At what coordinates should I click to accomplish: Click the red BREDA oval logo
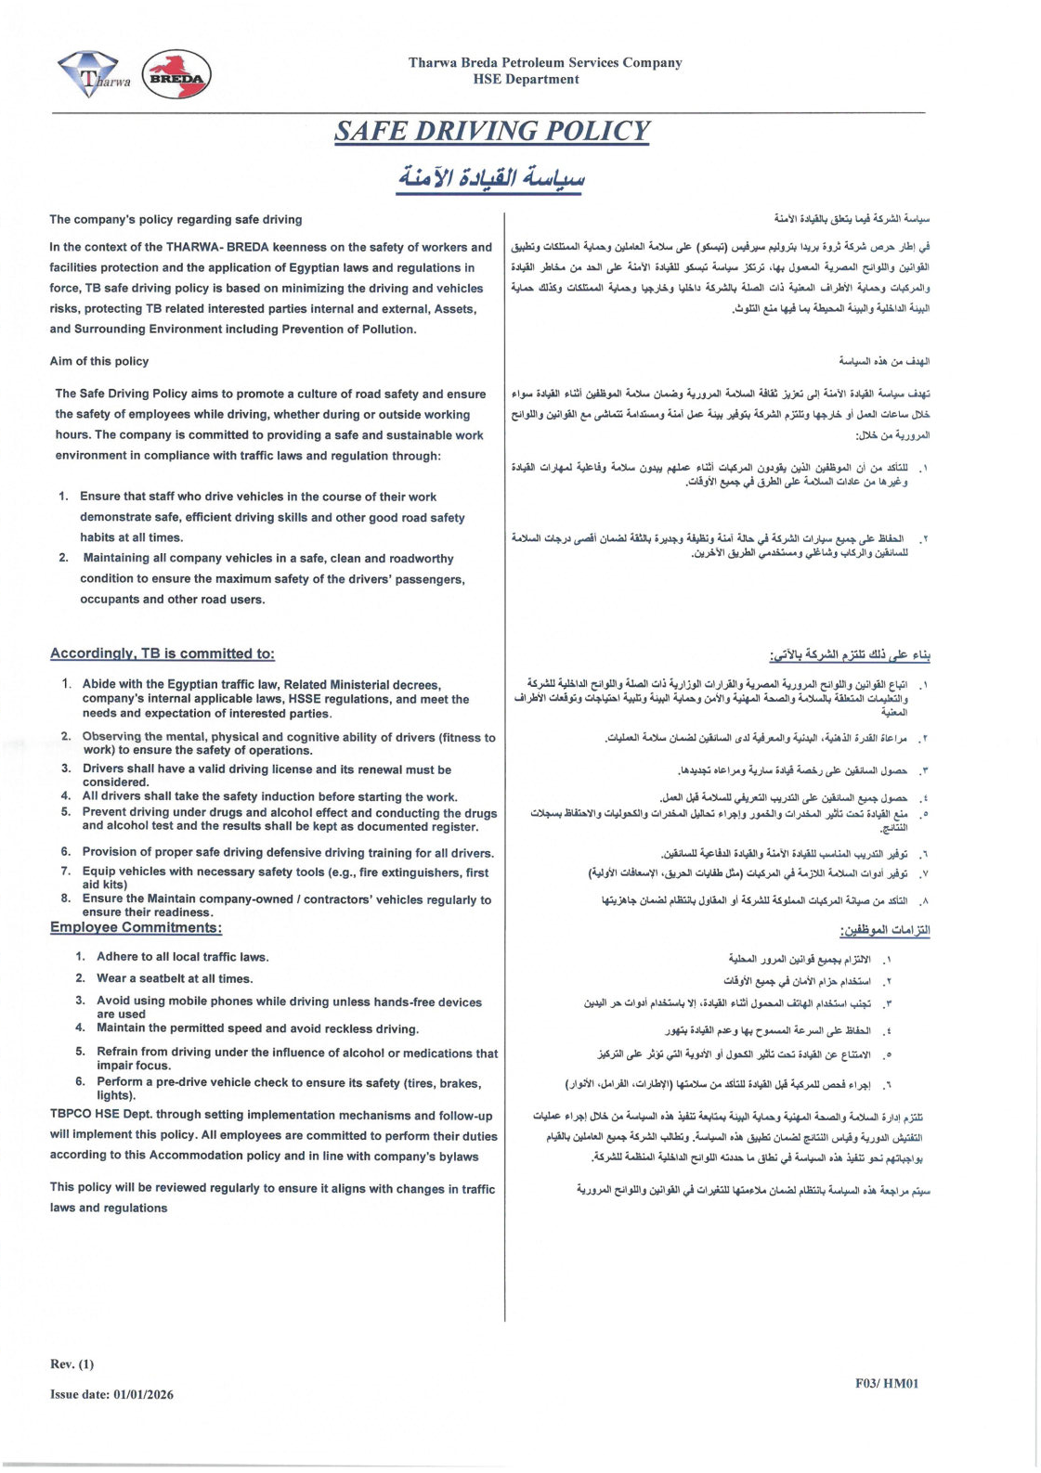176,75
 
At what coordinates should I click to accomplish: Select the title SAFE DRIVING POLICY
492,131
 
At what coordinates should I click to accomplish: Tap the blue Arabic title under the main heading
491,175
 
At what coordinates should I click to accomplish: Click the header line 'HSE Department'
526,80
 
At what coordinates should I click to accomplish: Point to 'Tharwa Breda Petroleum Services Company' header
545,62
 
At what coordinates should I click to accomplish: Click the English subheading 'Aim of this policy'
99,361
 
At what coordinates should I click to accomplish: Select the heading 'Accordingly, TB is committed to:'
163,653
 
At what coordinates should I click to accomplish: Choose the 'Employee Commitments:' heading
136,927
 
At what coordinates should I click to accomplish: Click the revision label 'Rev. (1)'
72,1363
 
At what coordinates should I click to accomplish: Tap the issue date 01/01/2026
143,1394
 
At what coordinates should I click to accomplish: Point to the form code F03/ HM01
887,1383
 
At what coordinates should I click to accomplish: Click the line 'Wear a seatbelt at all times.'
175,978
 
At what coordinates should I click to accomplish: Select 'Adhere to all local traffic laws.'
182,957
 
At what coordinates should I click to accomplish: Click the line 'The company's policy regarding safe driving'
176,220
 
